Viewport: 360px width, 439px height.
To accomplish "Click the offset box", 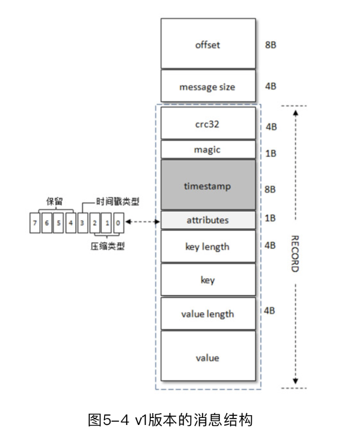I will click(207, 45).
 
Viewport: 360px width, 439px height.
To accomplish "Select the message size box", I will click(207, 86).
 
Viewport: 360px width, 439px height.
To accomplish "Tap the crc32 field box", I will click(207, 123).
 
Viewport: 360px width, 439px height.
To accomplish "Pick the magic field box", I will click(207, 149).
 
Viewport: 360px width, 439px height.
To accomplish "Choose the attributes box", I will click(207, 220).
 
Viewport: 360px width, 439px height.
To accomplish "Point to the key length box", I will click(207, 246).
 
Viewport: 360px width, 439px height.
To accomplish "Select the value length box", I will click(207, 313).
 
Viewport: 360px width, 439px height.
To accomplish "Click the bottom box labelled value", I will click(207, 357).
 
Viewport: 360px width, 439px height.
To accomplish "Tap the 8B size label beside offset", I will click(271, 45).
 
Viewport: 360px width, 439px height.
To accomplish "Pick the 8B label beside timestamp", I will click(271, 189).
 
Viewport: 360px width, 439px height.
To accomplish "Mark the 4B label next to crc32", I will click(271, 127).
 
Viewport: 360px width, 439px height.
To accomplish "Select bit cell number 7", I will click(35, 222).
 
